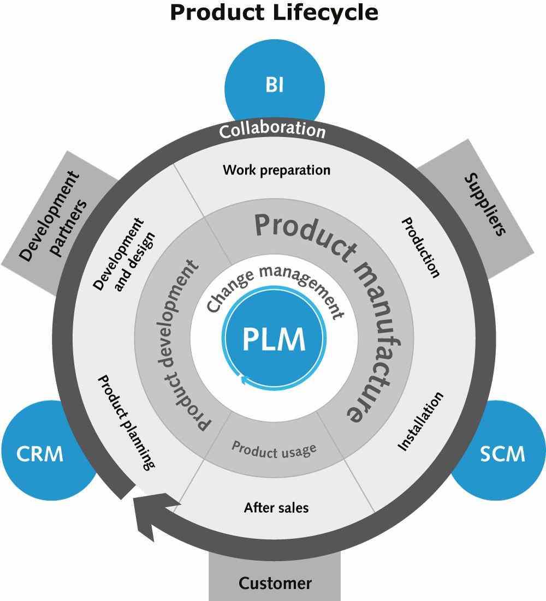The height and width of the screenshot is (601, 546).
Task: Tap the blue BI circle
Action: [275, 86]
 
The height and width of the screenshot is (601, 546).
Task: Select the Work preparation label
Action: [276, 170]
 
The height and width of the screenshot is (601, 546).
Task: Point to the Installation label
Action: [420, 422]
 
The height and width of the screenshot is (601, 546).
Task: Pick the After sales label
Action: [276, 508]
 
